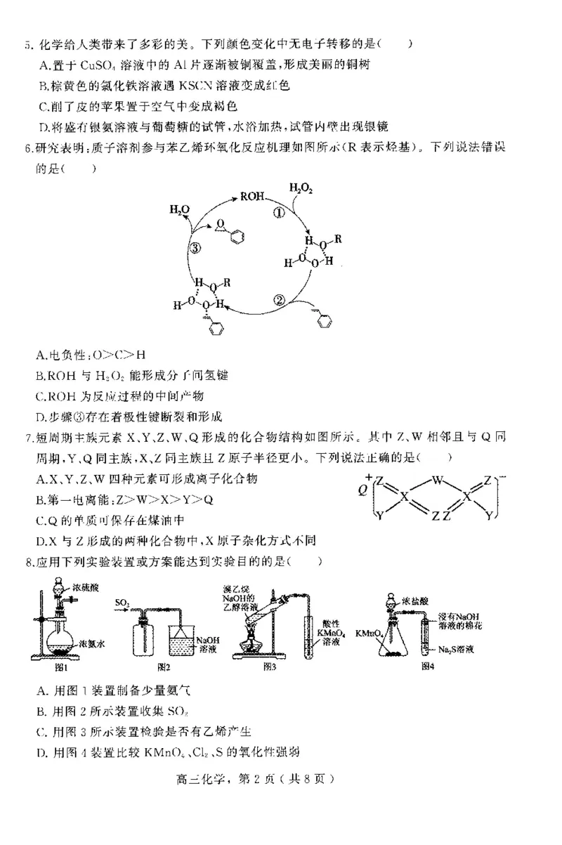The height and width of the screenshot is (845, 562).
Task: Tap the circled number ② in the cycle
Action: (x=278, y=300)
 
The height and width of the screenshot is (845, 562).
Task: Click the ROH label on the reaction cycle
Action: (x=252, y=197)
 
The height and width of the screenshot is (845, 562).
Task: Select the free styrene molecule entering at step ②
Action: (x=321, y=318)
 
